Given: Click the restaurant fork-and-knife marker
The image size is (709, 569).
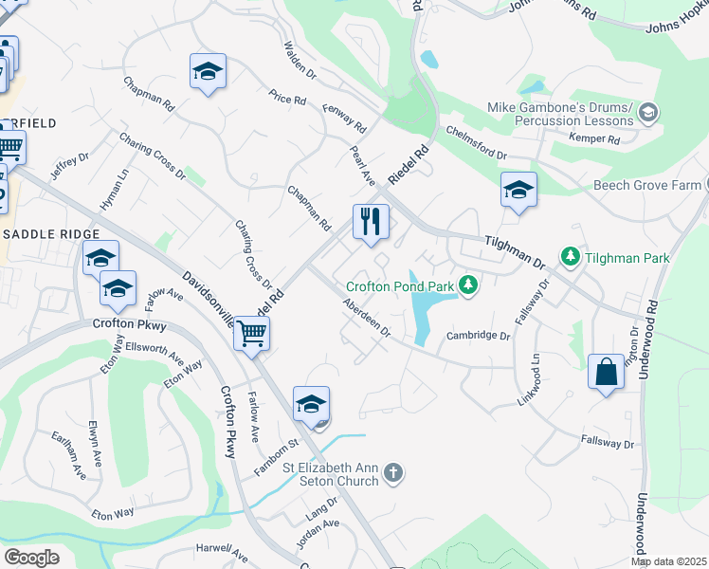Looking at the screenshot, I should coord(371,222).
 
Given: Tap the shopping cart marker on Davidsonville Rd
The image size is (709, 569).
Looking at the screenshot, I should coord(251,333).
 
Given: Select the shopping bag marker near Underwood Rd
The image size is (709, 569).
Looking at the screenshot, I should coord(606,372).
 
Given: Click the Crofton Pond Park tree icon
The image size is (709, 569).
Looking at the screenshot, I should coord(467,284).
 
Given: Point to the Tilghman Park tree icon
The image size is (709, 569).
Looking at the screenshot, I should coord(570,257).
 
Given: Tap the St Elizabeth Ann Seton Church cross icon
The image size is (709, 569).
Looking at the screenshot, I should coord(394,472).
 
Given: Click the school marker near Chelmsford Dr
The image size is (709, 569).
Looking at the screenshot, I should coord(518,190).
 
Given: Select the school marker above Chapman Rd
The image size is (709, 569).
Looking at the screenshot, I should coord(208,71).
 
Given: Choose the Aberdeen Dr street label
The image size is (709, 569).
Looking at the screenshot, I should coord(367,318).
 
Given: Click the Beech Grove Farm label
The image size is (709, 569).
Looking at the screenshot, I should coord(646,185).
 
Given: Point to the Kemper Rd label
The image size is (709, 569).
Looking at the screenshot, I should coord(594,139).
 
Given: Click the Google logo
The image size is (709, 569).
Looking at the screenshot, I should coord(31,557).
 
